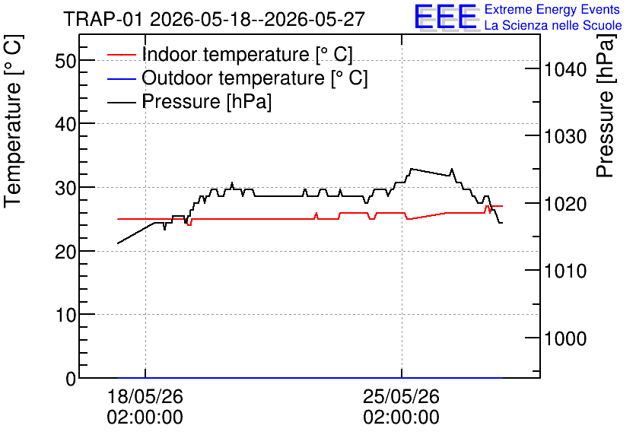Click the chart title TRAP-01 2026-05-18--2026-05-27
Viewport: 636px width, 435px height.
tap(215, 19)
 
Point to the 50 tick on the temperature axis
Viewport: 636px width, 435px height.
tap(65, 61)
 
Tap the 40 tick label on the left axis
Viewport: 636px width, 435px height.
tap(65, 124)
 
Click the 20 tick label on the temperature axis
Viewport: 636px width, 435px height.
tap(65, 252)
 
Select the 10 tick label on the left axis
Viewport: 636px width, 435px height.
tap(65, 315)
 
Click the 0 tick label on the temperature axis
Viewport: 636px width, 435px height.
tap(71, 379)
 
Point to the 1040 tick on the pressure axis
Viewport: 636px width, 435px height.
tap(565, 69)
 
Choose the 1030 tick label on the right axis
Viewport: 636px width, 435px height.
tap(565, 137)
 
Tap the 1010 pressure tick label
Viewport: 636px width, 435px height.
tap(565, 271)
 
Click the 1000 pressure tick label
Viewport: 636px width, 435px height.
tap(565, 338)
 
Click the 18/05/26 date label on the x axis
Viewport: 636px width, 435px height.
tap(145, 396)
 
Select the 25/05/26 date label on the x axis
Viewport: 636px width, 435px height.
tap(401, 396)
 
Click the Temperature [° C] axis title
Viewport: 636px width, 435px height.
tap(14, 122)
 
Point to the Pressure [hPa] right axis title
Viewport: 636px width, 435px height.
tap(606, 106)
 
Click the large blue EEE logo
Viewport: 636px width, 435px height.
tap(446, 17)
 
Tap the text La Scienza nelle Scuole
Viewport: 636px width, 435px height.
tap(553, 25)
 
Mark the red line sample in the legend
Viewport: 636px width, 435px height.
tap(121, 55)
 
